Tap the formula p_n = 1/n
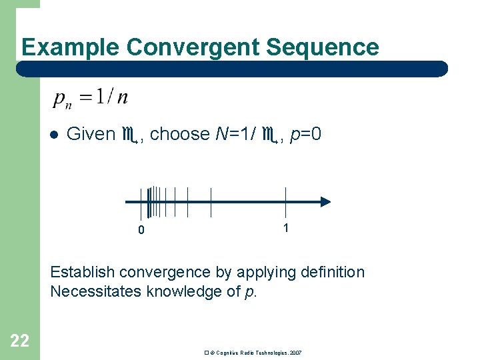tap(91, 98)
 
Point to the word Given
tap(91, 134)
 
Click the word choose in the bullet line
tap(180, 134)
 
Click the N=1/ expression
tap(237, 134)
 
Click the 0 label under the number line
tap(141, 231)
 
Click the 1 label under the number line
tap(285, 228)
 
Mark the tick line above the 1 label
tap(285, 202)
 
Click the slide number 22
tap(20, 341)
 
